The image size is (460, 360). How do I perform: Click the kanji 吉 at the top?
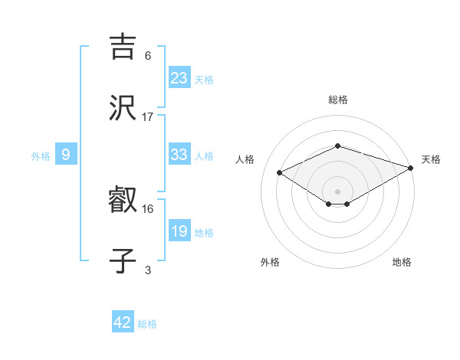pyautogui.click(x=123, y=47)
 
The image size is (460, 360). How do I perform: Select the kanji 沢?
pyautogui.click(x=123, y=109)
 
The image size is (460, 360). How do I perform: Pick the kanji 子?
pyautogui.click(x=123, y=260)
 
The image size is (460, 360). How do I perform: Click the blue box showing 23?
pyautogui.click(x=179, y=78)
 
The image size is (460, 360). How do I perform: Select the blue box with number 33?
pyautogui.click(x=179, y=155)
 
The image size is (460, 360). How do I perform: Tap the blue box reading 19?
pyautogui.click(x=179, y=231)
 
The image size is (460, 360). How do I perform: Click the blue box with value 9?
pyautogui.click(x=66, y=155)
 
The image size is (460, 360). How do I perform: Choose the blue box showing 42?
pyautogui.click(x=123, y=322)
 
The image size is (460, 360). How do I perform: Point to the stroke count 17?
pyautogui.click(x=148, y=116)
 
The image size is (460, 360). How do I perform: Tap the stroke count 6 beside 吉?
pyautogui.click(x=148, y=55)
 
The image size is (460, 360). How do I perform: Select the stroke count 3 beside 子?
pyautogui.click(x=148, y=269)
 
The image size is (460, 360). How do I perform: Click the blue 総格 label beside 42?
pyautogui.click(x=147, y=324)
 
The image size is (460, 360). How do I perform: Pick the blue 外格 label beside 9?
pyautogui.click(x=41, y=156)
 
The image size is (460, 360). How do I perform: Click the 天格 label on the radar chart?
pyautogui.click(x=431, y=159)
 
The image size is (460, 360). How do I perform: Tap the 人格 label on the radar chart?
pyautogui.click(x=245, y=159)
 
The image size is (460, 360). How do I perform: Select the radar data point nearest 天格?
pyautogui.click(x=411, y=167)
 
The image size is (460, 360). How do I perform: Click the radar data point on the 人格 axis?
pyautogui.click(x=280, y=172)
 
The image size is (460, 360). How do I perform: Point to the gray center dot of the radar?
pyautogui.click(x=337, y=191)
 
